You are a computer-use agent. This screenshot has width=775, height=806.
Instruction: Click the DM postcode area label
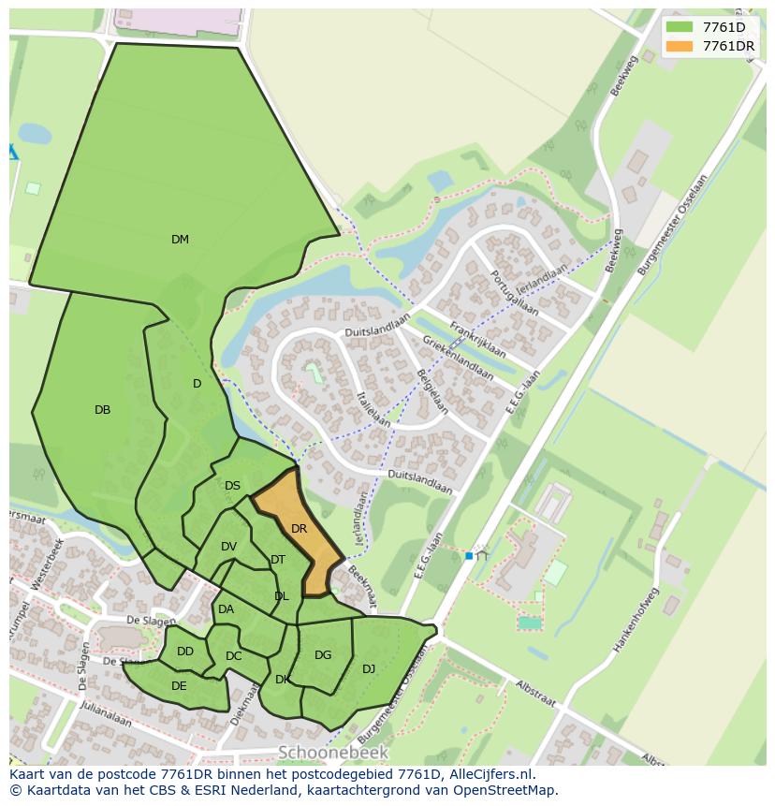pos(180,240)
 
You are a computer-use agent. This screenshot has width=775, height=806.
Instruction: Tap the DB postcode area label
pos(103,410)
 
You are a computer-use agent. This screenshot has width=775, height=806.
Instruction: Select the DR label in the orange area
pos(299,529)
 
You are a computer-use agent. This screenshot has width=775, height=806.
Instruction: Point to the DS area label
pos(232,486)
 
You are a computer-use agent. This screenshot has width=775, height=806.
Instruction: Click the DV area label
pos(228,547)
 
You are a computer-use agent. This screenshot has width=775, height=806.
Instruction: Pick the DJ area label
pos(369,668)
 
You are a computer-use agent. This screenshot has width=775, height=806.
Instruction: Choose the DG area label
pos(323,655)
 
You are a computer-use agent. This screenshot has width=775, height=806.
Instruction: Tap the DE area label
pos(179,686)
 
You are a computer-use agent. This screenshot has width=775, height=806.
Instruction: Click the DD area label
pos(185,652)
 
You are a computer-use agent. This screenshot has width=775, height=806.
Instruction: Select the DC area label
pos(234,656)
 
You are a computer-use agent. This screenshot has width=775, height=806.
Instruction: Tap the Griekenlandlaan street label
pos(458,359)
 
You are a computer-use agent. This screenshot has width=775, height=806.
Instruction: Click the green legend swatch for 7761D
pos(679,27)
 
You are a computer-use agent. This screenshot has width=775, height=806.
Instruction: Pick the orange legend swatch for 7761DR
pos(679,46)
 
